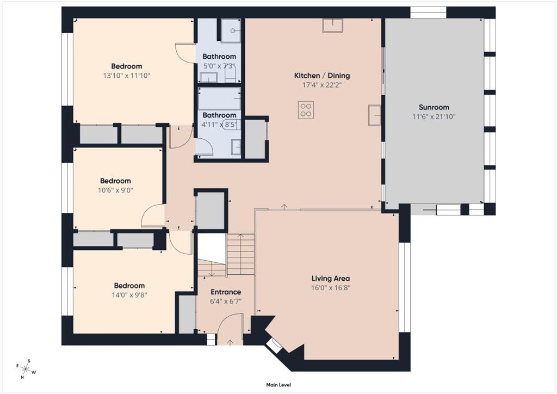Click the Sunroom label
(434, 107)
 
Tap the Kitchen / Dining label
(322, 75)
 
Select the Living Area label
(331, 279)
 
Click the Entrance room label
(226, 292)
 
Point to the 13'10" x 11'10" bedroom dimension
(126, 76)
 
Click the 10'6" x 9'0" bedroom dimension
(115, 190)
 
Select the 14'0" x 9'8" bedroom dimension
(129, 295)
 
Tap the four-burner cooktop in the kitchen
(306, 110)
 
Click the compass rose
(25, 369)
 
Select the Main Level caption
(278, 385)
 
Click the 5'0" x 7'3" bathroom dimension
(219, 66)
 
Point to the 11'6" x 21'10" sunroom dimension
(434, 116)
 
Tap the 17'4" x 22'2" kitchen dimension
(322, 85)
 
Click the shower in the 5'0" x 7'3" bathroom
(231, 30)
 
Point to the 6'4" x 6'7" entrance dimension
(226, 301)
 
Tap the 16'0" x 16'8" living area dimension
(331, 288)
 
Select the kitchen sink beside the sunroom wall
(374, 115)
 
